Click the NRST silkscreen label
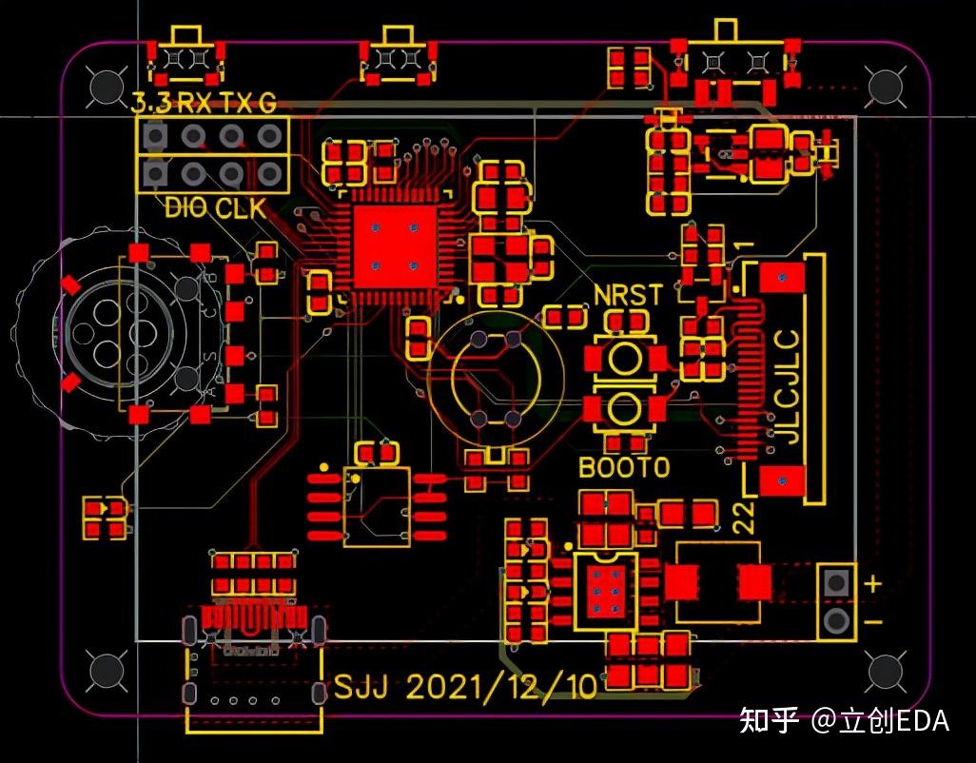627,294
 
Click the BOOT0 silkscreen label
624,467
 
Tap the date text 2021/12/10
502,687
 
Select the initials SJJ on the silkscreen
361,687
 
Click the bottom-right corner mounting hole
885,672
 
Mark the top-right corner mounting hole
885,87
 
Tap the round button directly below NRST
625,359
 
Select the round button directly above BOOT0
625,409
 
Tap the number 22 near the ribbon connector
744,518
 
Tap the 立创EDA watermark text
893,720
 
